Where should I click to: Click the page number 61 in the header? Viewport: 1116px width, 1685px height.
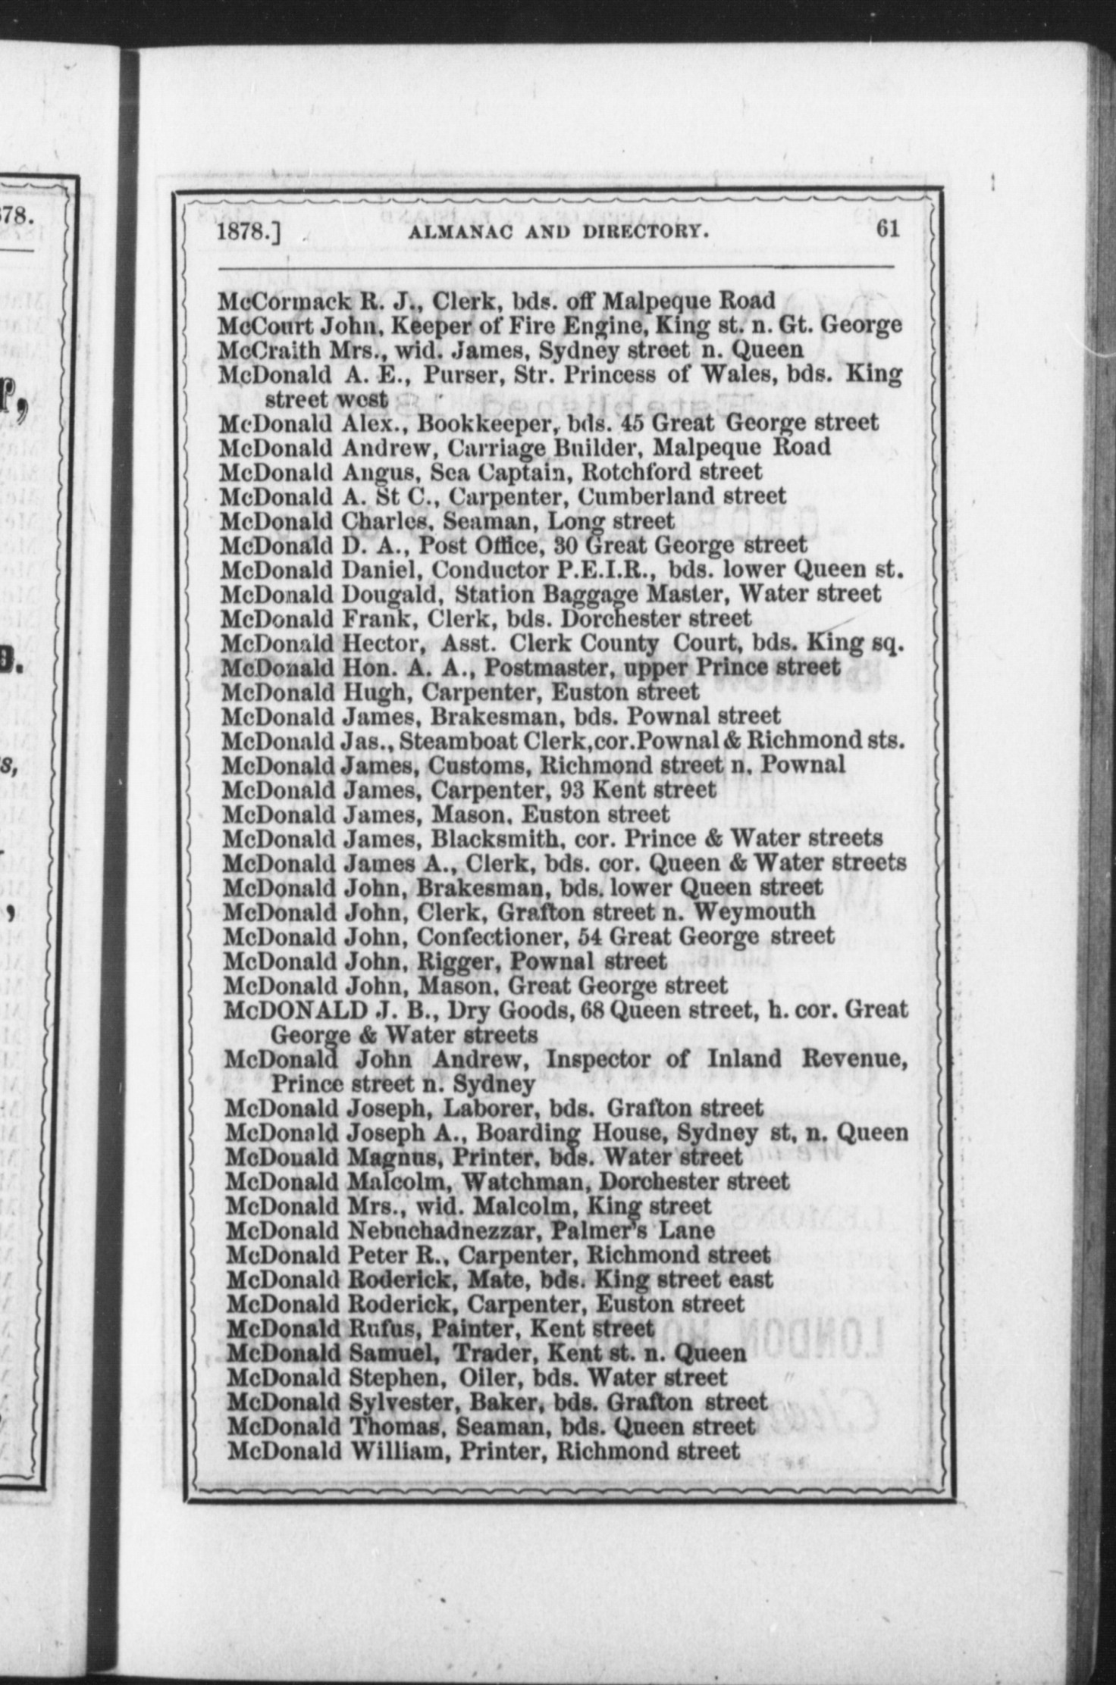click(888, 228)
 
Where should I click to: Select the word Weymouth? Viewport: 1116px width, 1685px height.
click(754, 911)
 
